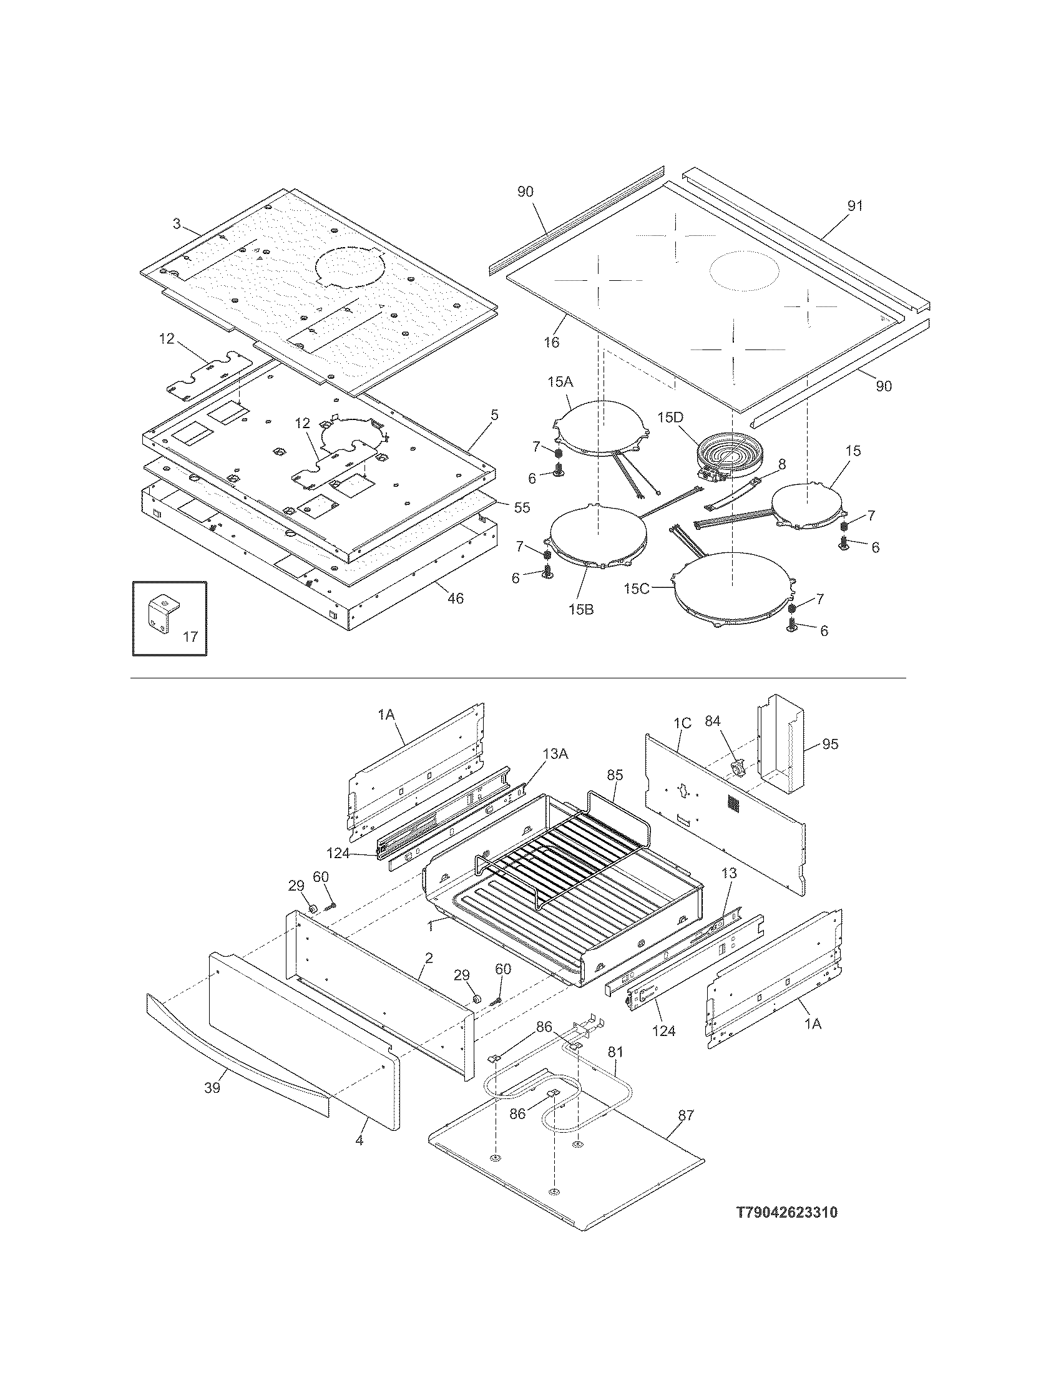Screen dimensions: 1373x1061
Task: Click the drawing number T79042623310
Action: pos(786,1229)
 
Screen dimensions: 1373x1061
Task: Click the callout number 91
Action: pos(855,205)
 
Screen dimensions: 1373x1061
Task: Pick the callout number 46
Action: pos(455,598)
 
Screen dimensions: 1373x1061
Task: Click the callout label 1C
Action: pos(682,723)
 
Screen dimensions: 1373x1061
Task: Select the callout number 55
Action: pos(522,507)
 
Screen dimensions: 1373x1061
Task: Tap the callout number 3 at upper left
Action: pos(177,223)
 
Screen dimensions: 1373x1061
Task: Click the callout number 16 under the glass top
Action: pos(551,342)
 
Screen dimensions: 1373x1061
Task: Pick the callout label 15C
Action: pos(637,589)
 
